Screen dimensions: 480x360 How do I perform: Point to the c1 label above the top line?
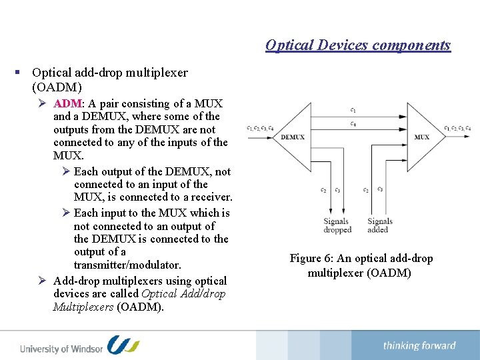pos(353,110)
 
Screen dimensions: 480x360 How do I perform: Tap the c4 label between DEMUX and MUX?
pos(353,124)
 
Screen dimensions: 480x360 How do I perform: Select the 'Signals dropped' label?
pos(337,225)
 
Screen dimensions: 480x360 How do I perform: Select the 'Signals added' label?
pos(379,225)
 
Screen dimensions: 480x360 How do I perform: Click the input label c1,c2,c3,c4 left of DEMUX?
pos(259,128)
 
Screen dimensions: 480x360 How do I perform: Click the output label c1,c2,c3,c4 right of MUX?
pos(457,128)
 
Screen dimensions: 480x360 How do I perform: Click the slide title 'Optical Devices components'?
pos(358,45)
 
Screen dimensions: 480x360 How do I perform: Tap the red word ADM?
pos(67,103)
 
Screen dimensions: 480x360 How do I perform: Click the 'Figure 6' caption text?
pos(361,265)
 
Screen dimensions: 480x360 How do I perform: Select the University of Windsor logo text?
pos(61,348)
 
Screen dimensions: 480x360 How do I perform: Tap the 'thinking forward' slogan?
pos(419,345)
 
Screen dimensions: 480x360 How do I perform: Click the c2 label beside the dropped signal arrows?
pos(323,190)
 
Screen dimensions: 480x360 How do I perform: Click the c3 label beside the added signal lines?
pos(380,189)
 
